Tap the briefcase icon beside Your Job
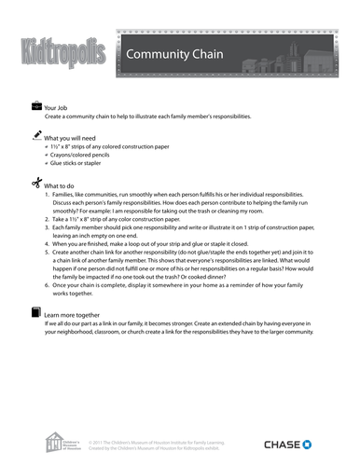click(35, 107)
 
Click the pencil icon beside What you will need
click(35, 136)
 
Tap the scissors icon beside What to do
click(35, 184)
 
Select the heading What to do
click(62, 185)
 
